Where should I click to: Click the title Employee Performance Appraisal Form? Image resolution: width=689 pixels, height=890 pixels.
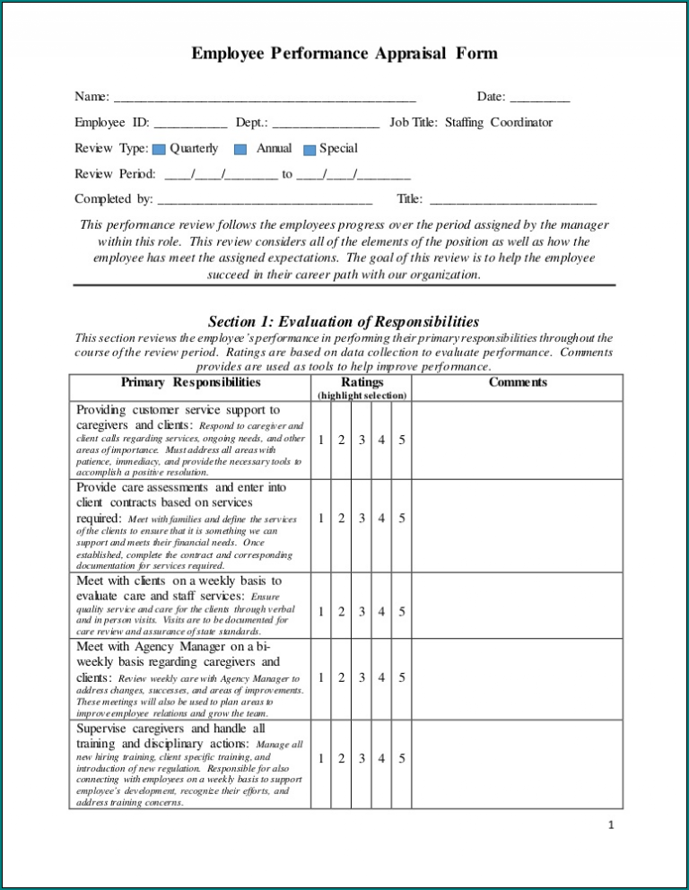344,54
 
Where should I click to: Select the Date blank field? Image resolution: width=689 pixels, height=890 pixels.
539,98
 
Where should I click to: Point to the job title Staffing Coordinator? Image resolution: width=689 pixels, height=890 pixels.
499,123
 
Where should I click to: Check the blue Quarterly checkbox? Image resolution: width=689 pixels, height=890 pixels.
159,150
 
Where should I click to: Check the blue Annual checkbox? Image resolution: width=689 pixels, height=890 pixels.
240,150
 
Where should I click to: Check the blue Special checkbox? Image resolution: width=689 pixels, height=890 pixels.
310,150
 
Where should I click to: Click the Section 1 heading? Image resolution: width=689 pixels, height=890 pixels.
344,321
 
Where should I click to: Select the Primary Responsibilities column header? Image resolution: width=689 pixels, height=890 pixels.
190,382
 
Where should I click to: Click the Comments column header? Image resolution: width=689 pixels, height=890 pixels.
518,382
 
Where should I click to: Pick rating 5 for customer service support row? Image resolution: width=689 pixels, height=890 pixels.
401,440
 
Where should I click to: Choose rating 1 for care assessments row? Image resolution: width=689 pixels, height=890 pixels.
320,519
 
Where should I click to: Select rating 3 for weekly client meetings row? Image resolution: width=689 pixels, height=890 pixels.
362,612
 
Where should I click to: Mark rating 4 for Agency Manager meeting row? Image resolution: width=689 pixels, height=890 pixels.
381,678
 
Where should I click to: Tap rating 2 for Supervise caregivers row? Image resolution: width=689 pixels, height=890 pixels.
340,759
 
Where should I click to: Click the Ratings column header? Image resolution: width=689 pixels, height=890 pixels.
362,382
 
